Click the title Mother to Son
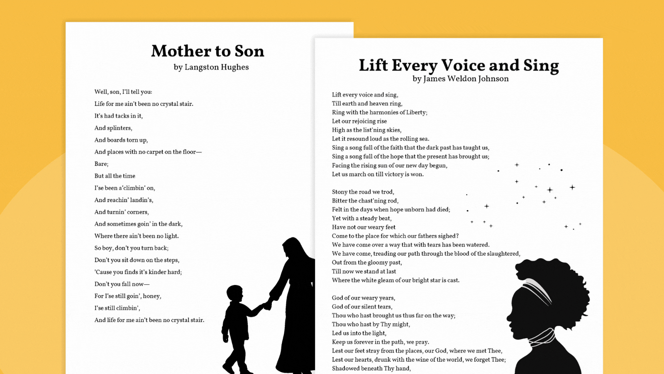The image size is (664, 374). pyautogui.click(x=207, y=51)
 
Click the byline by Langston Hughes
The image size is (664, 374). pyautogui.click(x=211, y=67)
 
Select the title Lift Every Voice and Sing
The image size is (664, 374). pyautogui.click(x=459, y=65)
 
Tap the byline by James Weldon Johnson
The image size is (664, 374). pyautogui.click(x=460, y=79)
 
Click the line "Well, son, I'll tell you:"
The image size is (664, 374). pyautogui.click(x=123, y=92)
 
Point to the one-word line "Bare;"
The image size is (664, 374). pyautogui.click(x=101, y=164)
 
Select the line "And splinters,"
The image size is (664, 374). pyautogui.click(x=113, y=128)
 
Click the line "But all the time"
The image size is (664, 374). pyautogui.click(x=115, y=176)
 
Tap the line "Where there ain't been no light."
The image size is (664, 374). pyautogui.click(x=137, y=236)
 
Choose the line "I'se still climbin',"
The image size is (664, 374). pyautogui.click(x=117, y=308)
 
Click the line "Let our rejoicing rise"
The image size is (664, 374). pyautogui.click(x=359, y=121)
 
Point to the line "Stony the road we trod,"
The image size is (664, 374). pyautogui.click(x=363, y=192)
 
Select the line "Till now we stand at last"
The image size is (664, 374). pyautogui.click(x=364, y=271)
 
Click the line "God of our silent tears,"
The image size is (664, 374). pyautogui.click(x=362, y=307)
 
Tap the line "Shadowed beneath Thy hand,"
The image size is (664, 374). pyautogui.click(x=371, y=369)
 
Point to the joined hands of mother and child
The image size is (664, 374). pyautogui.click(x=268, y=305)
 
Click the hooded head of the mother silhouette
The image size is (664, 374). pyautogui.click(x=293, y=248)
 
